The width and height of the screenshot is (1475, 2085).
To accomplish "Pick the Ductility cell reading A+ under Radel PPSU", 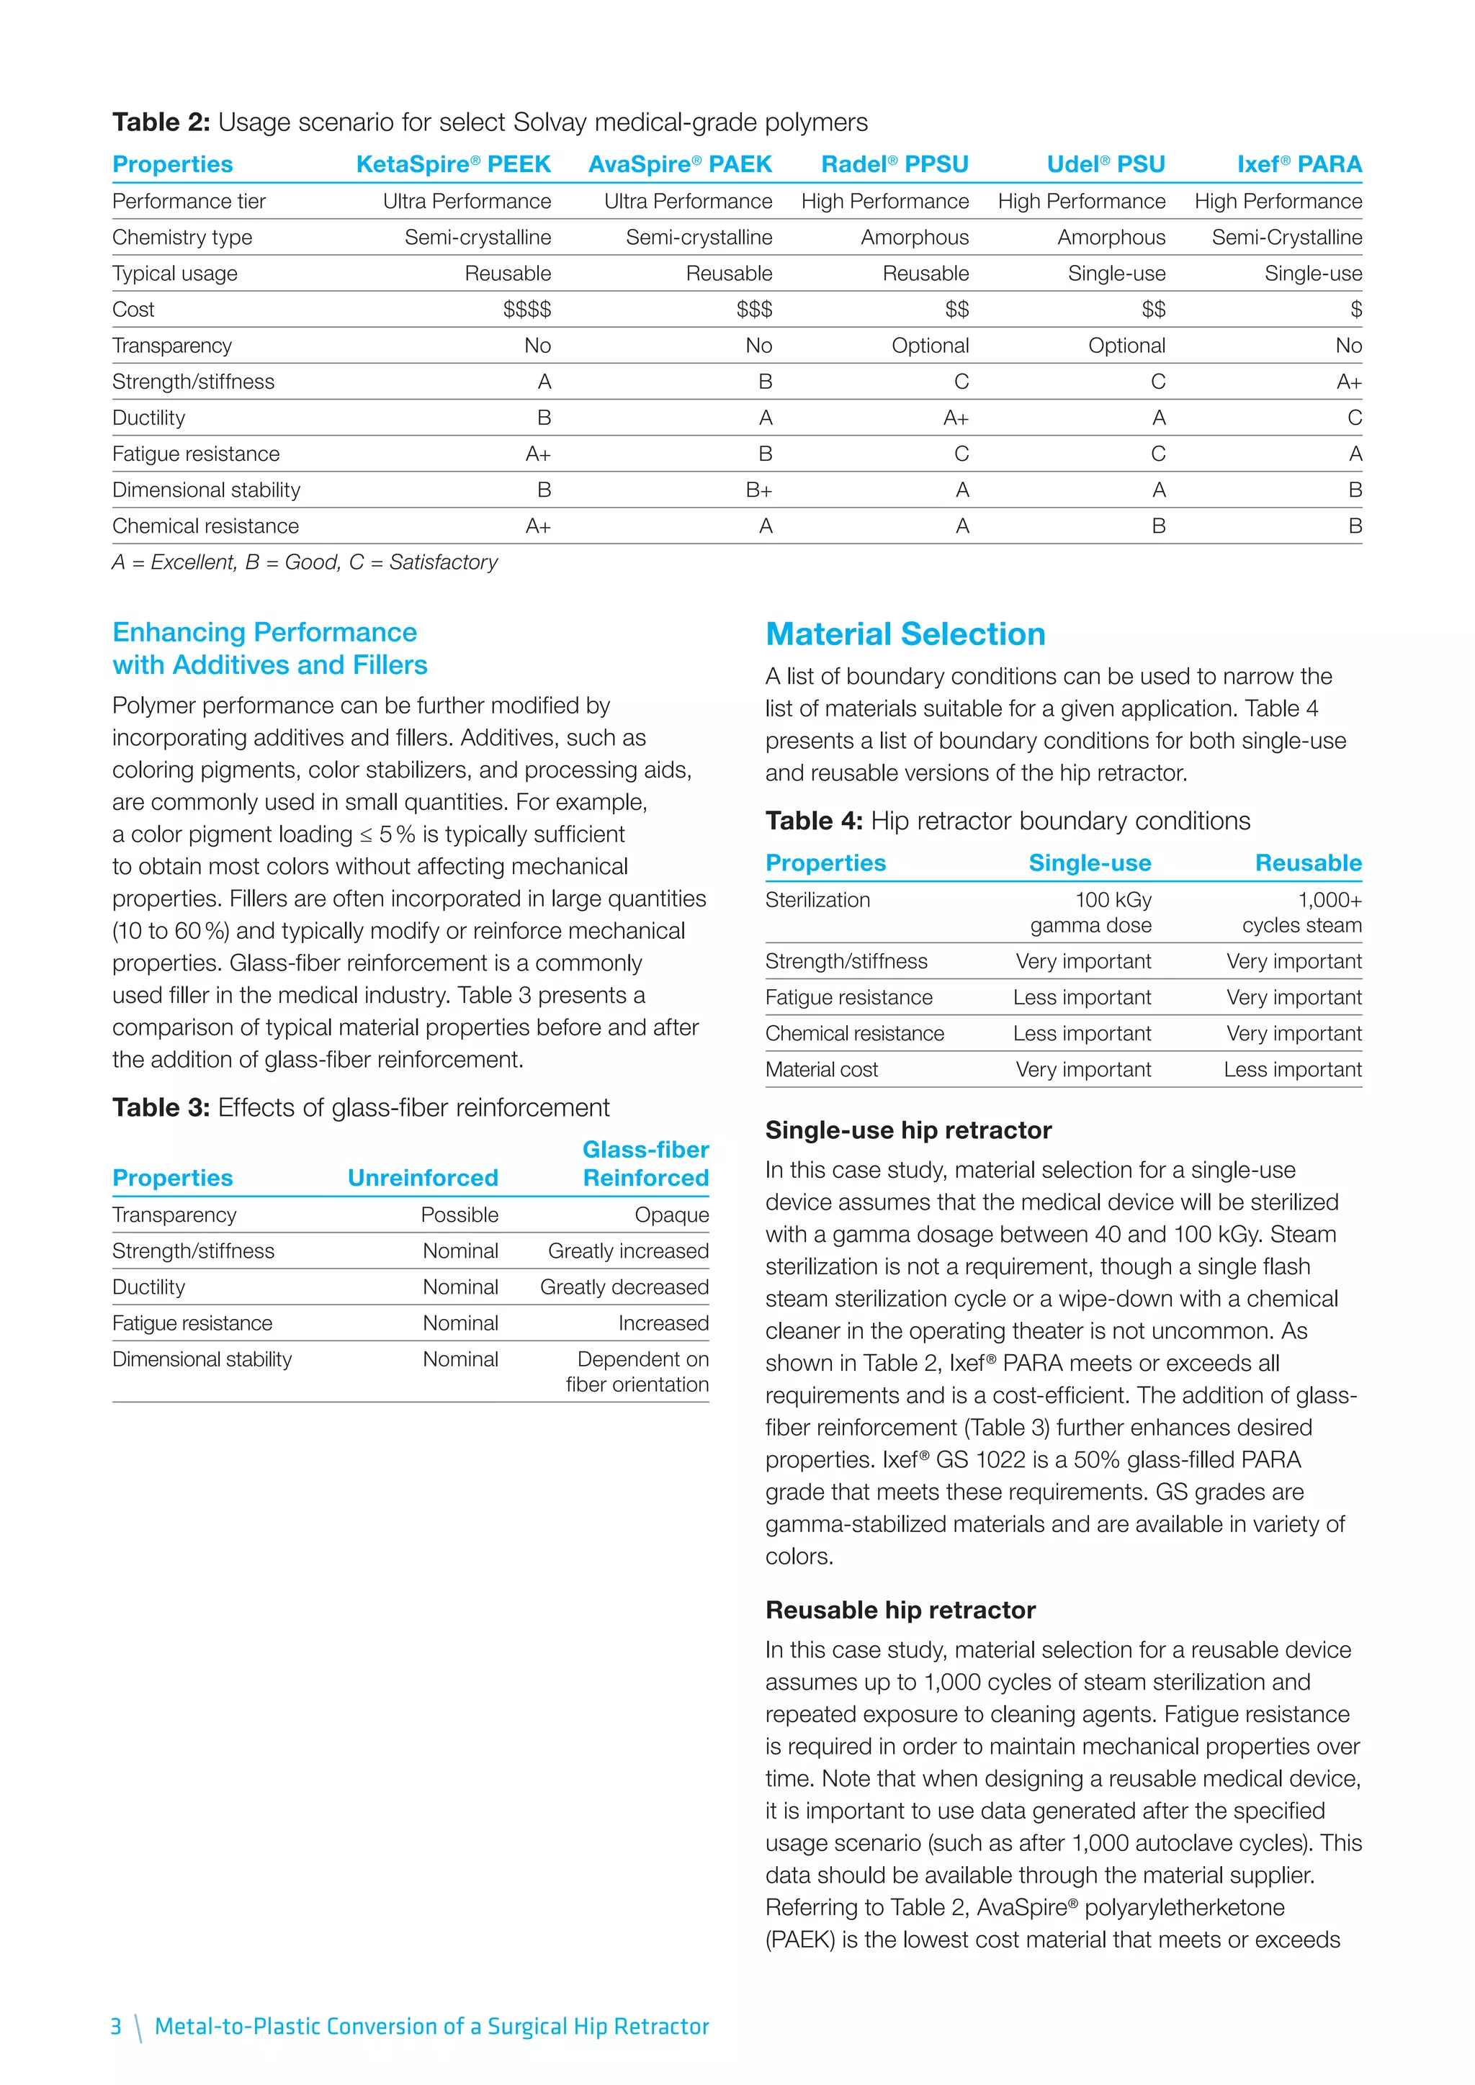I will coord(956,418).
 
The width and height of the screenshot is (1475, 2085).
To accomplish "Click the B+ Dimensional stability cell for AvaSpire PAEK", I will coord(758,490).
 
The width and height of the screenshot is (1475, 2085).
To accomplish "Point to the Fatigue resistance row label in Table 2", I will coord(195,454).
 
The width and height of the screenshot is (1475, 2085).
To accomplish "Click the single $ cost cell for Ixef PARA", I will coord(1355,310).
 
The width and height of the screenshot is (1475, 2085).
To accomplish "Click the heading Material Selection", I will coord(905,634).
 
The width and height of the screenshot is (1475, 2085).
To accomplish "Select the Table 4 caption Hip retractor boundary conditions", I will coord(1008,821).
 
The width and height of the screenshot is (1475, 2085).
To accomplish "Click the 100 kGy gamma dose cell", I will coord(1091,913).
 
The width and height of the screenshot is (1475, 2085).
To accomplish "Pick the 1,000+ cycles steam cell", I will coord(1301,913).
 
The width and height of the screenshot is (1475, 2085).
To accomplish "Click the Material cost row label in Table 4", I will coord(821,1070).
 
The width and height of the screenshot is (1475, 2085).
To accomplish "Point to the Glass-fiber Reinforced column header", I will coord(646,1164).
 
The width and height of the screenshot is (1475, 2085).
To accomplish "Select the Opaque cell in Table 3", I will coord(671,1215).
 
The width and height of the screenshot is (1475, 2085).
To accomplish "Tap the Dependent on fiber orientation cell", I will coord(637,1372).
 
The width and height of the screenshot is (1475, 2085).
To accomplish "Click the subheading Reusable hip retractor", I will coord(900,1610).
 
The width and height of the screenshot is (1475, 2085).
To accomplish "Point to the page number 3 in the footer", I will coord(115,2027).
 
